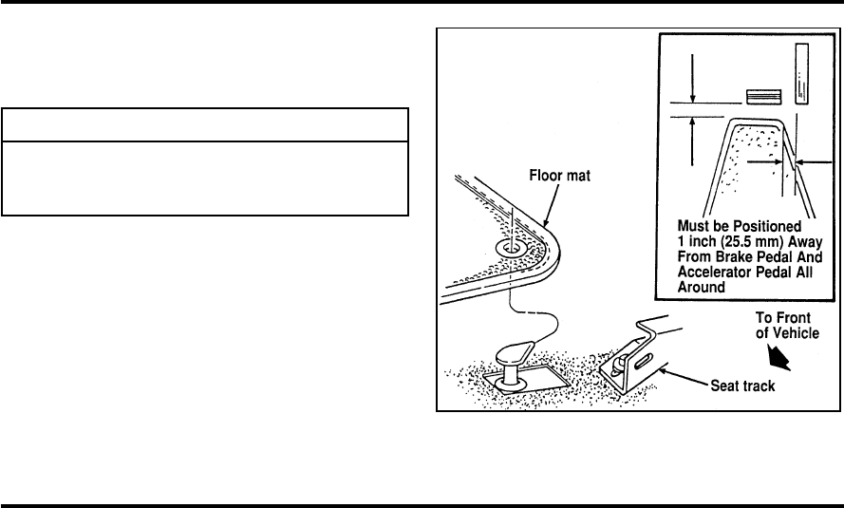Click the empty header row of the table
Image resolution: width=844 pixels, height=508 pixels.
coord(205,125)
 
